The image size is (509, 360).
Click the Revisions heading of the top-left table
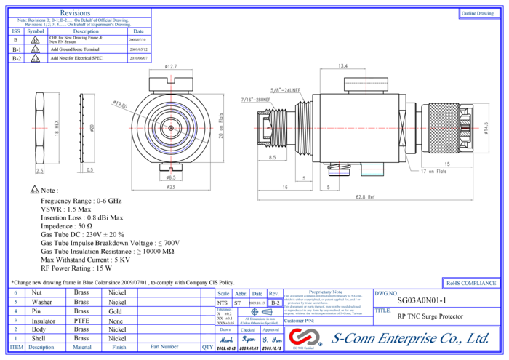tap(76, 12)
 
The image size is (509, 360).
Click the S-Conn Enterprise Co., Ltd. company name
tap(410, 338)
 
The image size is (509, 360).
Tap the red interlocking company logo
tap(305, 337)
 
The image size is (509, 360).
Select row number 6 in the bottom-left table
tap(16, 293)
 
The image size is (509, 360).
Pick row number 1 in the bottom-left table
tap(16, 338)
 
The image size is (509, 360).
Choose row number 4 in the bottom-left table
tap(16, 311)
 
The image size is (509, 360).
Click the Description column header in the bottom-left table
tap(41, 348)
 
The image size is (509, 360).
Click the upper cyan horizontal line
tap(372, 165)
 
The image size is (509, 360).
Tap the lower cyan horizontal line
tap(372, 173)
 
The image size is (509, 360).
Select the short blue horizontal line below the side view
tap(339, 173)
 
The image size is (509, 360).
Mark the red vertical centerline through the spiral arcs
tap(171, 95)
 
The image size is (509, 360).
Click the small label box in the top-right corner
tap(478, 14)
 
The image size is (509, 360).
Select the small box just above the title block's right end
tap(470, 283)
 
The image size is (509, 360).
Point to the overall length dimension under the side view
tap(365, 197)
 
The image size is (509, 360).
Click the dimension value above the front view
tap(171, 68)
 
